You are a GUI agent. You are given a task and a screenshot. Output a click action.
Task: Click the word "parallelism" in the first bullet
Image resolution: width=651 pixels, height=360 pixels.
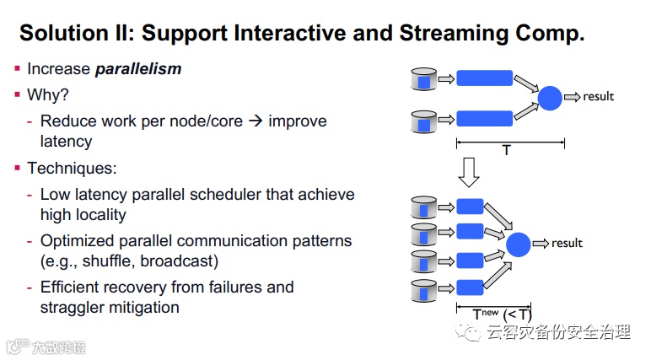click(137, 69)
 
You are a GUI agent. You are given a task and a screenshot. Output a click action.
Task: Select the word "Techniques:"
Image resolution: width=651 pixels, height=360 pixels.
click(71, 169)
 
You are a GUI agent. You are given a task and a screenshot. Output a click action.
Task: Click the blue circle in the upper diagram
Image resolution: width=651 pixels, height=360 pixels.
click(550, 98)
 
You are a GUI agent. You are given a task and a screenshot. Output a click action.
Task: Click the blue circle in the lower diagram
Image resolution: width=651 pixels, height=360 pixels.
click(519, 244)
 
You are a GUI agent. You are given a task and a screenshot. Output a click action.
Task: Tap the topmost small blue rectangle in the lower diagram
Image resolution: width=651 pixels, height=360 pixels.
click(470, 207)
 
